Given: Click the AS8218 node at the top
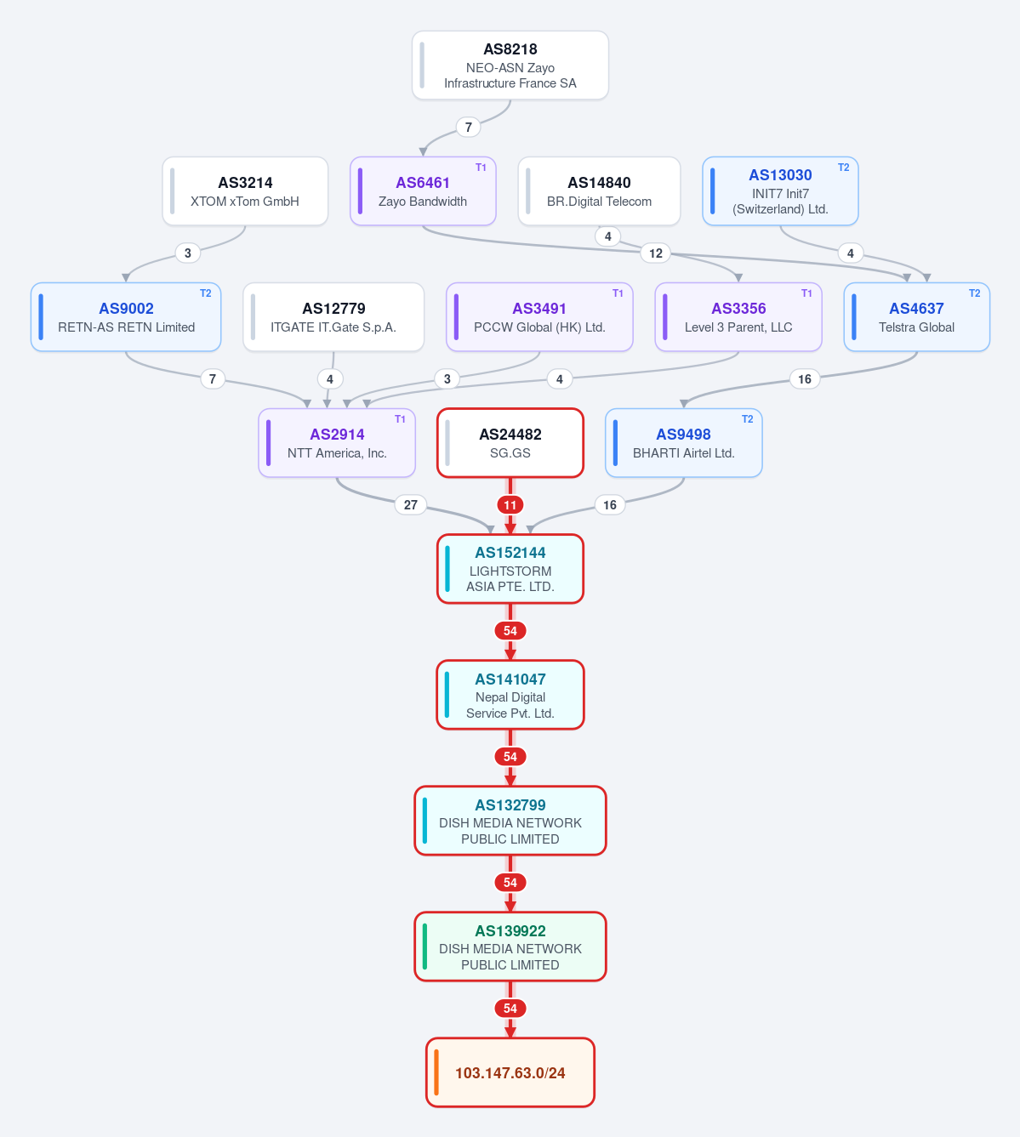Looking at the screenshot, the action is [510, 65].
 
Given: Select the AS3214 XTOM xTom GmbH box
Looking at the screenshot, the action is [245, 191].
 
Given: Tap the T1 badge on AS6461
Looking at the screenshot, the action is [481, 168].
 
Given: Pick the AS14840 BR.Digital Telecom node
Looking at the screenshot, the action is [599, 191].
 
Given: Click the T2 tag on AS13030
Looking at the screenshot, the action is [843, 168].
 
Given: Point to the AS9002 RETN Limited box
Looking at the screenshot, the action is [126, 317].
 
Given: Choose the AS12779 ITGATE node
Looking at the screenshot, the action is [333, 317].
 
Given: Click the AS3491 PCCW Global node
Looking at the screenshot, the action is [539, 317].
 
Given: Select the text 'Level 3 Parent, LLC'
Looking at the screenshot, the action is [738, 327].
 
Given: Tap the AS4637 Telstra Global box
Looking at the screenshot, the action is [917, 317].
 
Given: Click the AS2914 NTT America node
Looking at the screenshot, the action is [337, 443].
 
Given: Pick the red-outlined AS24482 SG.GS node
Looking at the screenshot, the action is [510, 443].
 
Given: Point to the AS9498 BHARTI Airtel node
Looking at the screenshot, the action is [684, 443].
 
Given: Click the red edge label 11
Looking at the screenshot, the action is [510, 505].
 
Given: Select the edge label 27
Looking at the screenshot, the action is [410, 505].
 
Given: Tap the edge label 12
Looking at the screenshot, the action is [656, 253].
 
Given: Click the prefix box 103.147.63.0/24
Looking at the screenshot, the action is [510, 1072].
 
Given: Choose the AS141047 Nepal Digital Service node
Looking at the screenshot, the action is [510, 695].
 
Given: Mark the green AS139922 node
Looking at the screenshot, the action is [510, 947].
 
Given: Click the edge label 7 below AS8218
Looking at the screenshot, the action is [468, 128].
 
